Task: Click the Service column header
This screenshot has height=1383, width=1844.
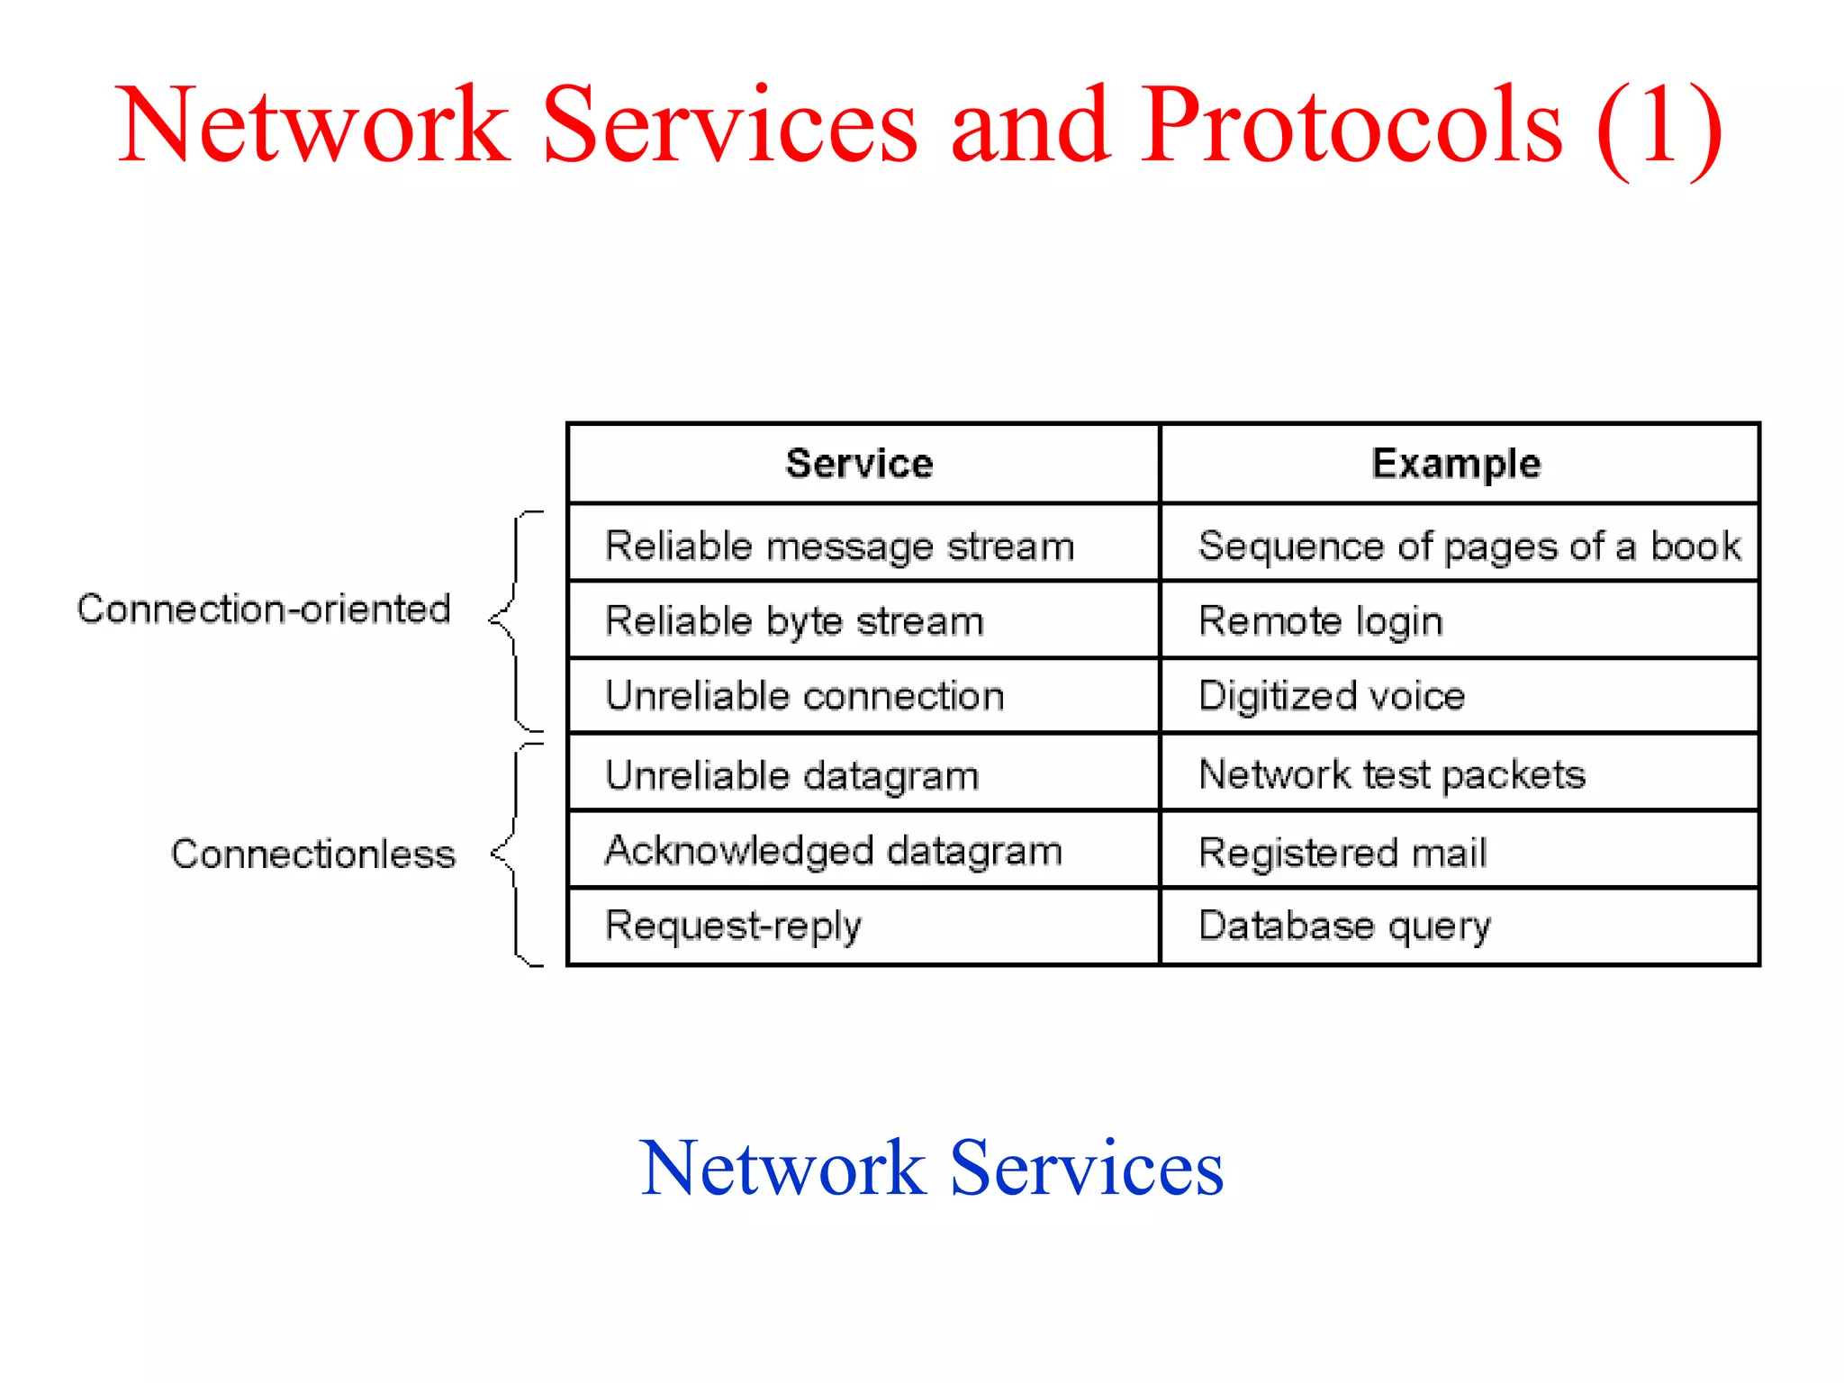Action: pyautogui.click(x=860, y=464)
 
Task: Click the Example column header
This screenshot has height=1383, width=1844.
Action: pyautogui.click(x=1456, y=464)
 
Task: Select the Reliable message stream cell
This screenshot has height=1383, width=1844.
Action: pyautogui.click(x=839, y=546)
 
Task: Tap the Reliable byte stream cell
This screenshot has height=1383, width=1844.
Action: pyautogui.click(x=794, y=621)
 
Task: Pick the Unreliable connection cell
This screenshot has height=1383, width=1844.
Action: pyautogui.click(x=804, y=696)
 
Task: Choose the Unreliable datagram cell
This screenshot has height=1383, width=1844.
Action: pyautogui.click(x=791, y=775)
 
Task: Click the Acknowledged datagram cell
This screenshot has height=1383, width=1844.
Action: pyautogui.click(x=833, y=851)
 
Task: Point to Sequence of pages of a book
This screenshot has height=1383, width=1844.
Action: pyautogui.click(x=1469, y=546)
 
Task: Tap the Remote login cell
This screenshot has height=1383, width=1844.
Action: pyautogui.click(x=1320, y=621)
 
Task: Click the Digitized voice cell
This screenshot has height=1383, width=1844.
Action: pyautogui.click(x=1331, y=696)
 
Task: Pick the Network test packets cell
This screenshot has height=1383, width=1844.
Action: pyautogui.click(x=1391, y=774)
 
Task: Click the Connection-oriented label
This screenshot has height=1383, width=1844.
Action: pyautogui.click(x=264, y=610)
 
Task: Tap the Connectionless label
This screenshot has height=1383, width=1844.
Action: pyautogui.click(x=313, y=854)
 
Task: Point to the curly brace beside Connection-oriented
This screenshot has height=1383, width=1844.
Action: pyautogui.click(x=515, y=620)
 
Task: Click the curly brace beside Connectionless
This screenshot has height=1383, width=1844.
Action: pyautogui.click(x=516, y=854)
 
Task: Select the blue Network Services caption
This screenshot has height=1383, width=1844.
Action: pyautogui.click(x=932, y=1168)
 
